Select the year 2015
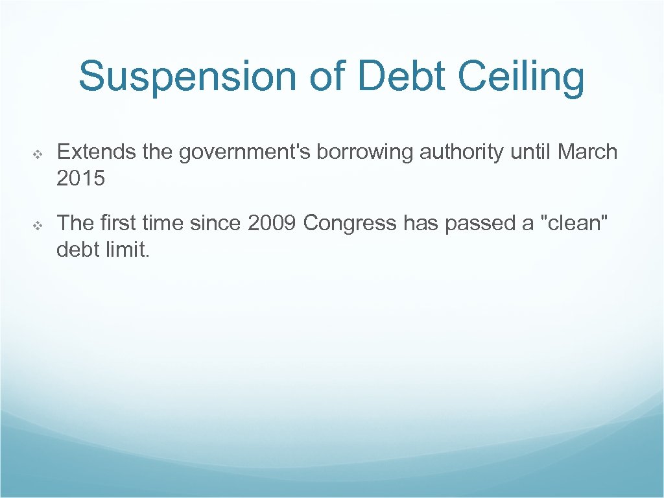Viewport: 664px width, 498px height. click(80, 178)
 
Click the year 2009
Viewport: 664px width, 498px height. click(272, 223)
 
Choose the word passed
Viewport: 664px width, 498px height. click(480, 224)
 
